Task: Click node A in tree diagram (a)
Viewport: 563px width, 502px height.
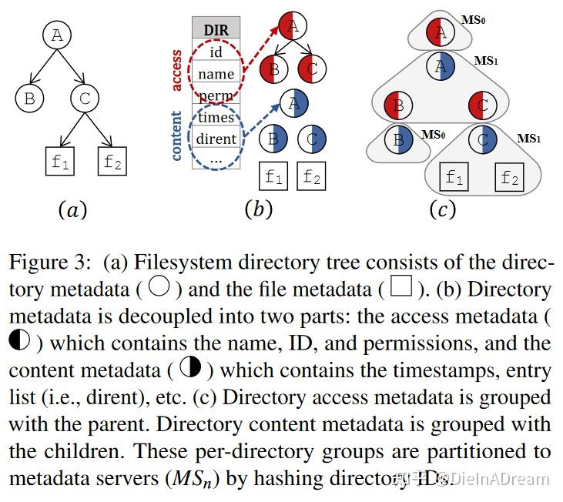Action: coord(56,34)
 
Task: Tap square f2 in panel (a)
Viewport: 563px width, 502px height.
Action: coord(112,162)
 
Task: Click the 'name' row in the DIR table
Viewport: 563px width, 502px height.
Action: coord(216,73)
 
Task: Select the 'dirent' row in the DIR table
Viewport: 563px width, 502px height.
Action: coord(216,139)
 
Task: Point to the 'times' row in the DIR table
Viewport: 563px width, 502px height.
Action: coord(216,117)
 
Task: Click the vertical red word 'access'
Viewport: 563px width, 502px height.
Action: coord(177,71)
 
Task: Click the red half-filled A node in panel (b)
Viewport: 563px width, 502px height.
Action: coord(291,26)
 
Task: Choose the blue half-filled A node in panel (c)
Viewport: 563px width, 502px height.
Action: coord(441,67)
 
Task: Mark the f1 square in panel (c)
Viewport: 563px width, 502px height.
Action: coord(454,178)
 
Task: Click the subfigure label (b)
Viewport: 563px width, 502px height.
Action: coord(259,209)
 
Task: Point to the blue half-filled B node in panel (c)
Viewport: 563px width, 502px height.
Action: coord(398,141)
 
